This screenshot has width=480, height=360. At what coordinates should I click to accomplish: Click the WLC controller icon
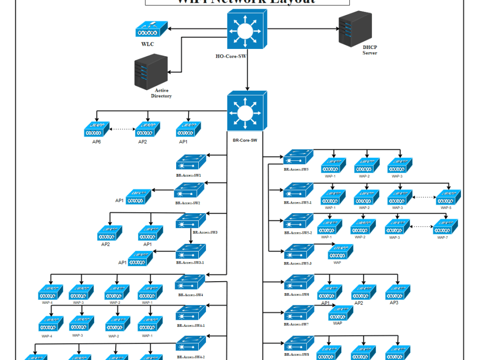coord(151,29)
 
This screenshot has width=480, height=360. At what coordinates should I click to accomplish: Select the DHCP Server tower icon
coord(355,28)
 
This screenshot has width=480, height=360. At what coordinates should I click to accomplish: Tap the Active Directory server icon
coord(151,71)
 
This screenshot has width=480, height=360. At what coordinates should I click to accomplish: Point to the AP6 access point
coord(96,129)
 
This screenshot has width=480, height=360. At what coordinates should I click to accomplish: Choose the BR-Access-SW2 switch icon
coord(190,192)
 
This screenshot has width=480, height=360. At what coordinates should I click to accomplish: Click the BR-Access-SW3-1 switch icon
coord(191,252)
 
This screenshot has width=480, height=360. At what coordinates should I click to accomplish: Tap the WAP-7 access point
coord(445,227)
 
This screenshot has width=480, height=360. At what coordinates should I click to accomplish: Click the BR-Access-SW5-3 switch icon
coord(298,252)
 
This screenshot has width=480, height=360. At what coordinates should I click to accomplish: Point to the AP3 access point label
coord(394,303)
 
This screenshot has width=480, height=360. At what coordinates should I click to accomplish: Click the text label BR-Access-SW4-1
coord(191,325)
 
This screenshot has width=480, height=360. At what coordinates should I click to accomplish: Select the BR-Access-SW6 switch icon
coord(299,283)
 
